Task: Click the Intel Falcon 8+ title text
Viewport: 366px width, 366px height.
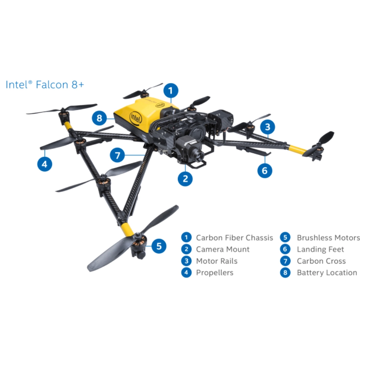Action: (x=45, y=85)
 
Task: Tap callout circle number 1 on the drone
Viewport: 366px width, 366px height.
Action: (x=171, y=90)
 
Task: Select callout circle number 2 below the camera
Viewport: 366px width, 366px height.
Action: (x=185, y=179)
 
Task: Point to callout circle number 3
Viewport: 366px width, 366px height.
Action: (x=268, y=127)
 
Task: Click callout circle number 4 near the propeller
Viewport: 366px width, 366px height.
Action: (x=45, y=164)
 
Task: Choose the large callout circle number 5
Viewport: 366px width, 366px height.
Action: (x=159, y=246)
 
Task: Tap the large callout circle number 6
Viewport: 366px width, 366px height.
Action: (x=265, y=171)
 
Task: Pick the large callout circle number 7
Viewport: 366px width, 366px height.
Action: (x=117, y=155)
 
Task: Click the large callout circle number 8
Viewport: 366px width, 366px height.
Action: (x=99, y=118)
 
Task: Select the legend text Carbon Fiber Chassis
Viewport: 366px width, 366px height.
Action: (x=234, y=238)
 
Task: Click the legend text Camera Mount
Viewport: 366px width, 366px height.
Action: (x=223, y=249)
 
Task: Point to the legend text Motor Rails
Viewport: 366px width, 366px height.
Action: (x=217, y=261)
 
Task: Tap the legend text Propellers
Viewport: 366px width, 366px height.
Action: (x=214, y=273)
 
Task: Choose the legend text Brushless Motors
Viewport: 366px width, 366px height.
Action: (x=328, y=238)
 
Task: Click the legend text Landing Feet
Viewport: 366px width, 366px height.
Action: (x=320, y=249)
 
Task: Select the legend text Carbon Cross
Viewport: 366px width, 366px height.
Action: (x=321, y=261)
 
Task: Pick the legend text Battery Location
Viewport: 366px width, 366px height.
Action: (x=327, y=273)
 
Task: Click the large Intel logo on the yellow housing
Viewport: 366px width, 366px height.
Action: (x=135, y=118)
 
